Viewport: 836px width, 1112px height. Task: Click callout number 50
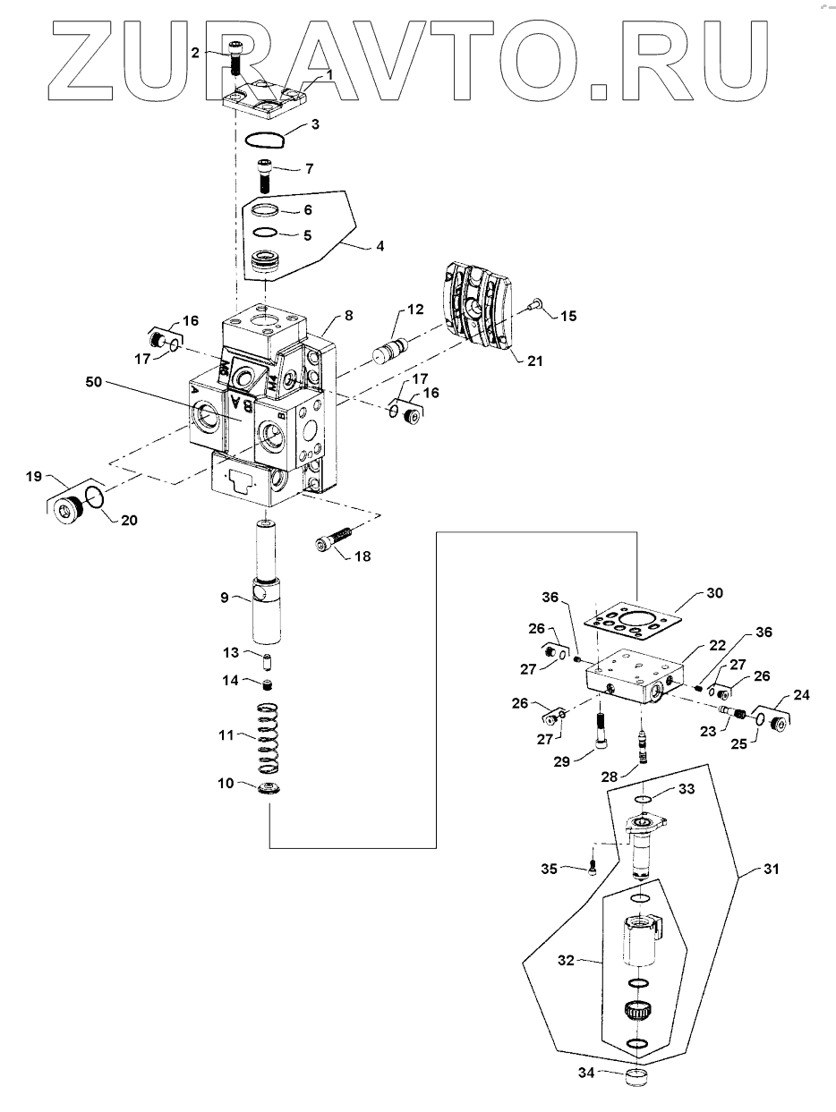(x=94, y=381)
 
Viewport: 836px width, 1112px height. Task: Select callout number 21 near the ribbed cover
(x=534, y=361)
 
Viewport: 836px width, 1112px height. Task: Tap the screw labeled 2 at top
(x=235, y=59)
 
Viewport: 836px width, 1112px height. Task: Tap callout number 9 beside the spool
(x=225, y=598)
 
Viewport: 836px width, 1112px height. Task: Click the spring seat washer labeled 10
(x=269, y=790)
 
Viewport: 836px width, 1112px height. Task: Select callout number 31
(x=771, y=869)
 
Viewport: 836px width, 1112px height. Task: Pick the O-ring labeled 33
(x=643, y=800)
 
